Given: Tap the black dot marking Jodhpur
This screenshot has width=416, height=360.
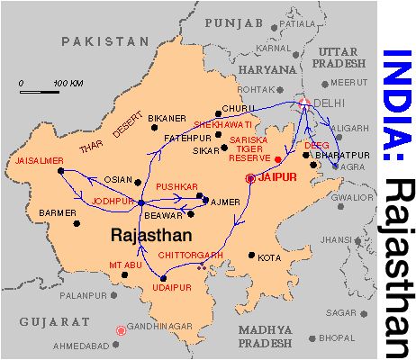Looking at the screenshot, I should click(x=141, y=203).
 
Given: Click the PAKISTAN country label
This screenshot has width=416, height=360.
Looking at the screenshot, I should click(x=104, y=41).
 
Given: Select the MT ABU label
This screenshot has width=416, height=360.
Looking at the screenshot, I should click(x=126, y=265).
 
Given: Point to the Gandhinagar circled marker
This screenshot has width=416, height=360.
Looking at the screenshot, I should click(x=122, y=330).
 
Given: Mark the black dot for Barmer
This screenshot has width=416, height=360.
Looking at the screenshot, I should click(x=77, y=223).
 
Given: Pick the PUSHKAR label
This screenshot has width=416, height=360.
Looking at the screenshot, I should click(x=176, y=186).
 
